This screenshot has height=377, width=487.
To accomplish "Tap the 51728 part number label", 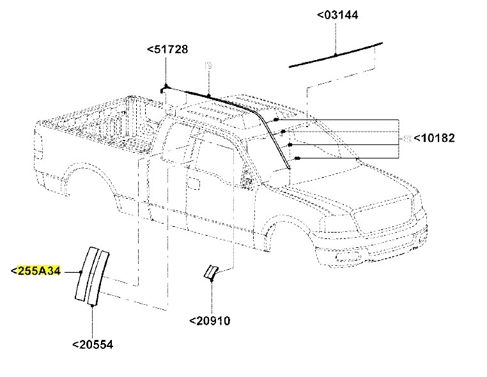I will click(x=167, y=49).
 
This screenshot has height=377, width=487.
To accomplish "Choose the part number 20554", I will click(x=92, y=344).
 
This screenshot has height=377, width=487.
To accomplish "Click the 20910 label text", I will click(x=209, y=320).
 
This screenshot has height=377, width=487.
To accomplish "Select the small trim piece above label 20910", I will click(x=210, y=272).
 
